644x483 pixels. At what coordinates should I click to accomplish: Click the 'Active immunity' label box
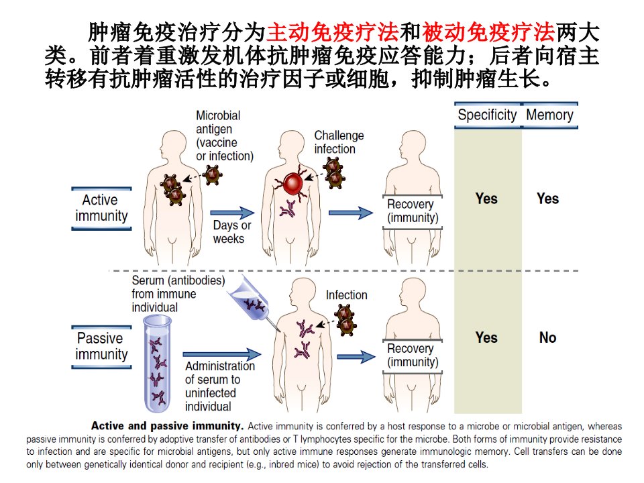pyautogui.click(x=101, y=208)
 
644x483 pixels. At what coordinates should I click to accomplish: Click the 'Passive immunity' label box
pyautogui.click(x=101, y=347)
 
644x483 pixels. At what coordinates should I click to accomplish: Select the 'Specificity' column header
pyautogui.click(x=487, y=115)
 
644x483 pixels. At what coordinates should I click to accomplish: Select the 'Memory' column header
pyautogui.click(x=549, y=115)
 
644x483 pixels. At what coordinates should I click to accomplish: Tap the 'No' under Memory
pyautogui.click(x=547, y=337)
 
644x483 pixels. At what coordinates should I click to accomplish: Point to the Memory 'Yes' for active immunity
pyautogui.click(x=547, y=199)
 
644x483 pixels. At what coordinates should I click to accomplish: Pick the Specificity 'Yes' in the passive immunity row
pyautogui.click(x=486, y=337)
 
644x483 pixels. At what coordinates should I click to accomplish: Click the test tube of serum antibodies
pyautogui.click(x=157, y=364)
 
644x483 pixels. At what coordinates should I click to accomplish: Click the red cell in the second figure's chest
pyautogui.click(x=292, y=184)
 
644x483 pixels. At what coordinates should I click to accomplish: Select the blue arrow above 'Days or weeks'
pyautogui.click(x=232, y=213)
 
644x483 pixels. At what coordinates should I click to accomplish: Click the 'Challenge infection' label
pyautogui.click(x=339, y=142)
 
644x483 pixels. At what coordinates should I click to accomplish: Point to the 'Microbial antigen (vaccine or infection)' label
pyautogui.click(x=224, y=136)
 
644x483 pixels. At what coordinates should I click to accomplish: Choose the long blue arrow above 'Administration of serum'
pyautogui.click(x=222, y=354)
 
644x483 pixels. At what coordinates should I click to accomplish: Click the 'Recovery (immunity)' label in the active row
pyautogui.click(x=413, y=211)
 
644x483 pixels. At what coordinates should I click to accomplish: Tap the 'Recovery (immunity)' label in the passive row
pyautogui.click(x=413, y=356)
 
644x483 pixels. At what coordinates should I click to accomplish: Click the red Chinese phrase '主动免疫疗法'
pyautogui.click(x=332, y=32)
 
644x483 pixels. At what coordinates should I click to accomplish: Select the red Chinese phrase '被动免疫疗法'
pyautogui.click(x=488, y=32)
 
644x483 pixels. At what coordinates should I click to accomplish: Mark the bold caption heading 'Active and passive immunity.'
pyautogui.click(x=168, y=426)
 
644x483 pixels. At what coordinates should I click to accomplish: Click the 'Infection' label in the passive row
pyautogui.click(x=346, y=295)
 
